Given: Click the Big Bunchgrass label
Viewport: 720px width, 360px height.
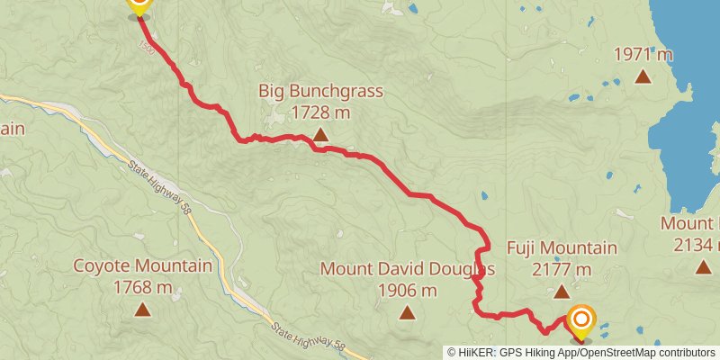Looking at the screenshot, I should click(x=321, y=91).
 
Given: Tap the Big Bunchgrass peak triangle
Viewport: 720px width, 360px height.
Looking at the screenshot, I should click(x=320, y=136).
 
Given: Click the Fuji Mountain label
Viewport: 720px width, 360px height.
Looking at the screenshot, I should click(x=562, y=248).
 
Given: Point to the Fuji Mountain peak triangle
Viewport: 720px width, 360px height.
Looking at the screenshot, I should click(x=562, y=292).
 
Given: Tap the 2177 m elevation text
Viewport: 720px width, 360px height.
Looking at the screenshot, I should click(x=562, y=269).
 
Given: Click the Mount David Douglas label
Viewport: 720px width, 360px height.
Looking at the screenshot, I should click(x=408, y=269).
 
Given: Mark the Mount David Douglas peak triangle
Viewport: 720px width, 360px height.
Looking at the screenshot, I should click(x=408, y=312).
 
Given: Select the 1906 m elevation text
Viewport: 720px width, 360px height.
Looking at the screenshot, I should click(x=408, y=290).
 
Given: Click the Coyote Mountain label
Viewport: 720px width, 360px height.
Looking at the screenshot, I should click(x=142, y=266).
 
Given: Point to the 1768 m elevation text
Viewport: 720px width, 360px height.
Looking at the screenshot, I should click(x=142, y=287).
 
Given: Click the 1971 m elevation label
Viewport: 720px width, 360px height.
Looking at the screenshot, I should click(x=643, y=54).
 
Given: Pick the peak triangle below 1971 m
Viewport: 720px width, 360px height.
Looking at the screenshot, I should click(x=643, y=76).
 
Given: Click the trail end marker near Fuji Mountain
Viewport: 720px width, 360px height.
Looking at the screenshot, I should click(x=581, y=320).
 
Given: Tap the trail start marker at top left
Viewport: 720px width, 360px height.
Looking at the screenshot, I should click(x=139, y=5).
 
